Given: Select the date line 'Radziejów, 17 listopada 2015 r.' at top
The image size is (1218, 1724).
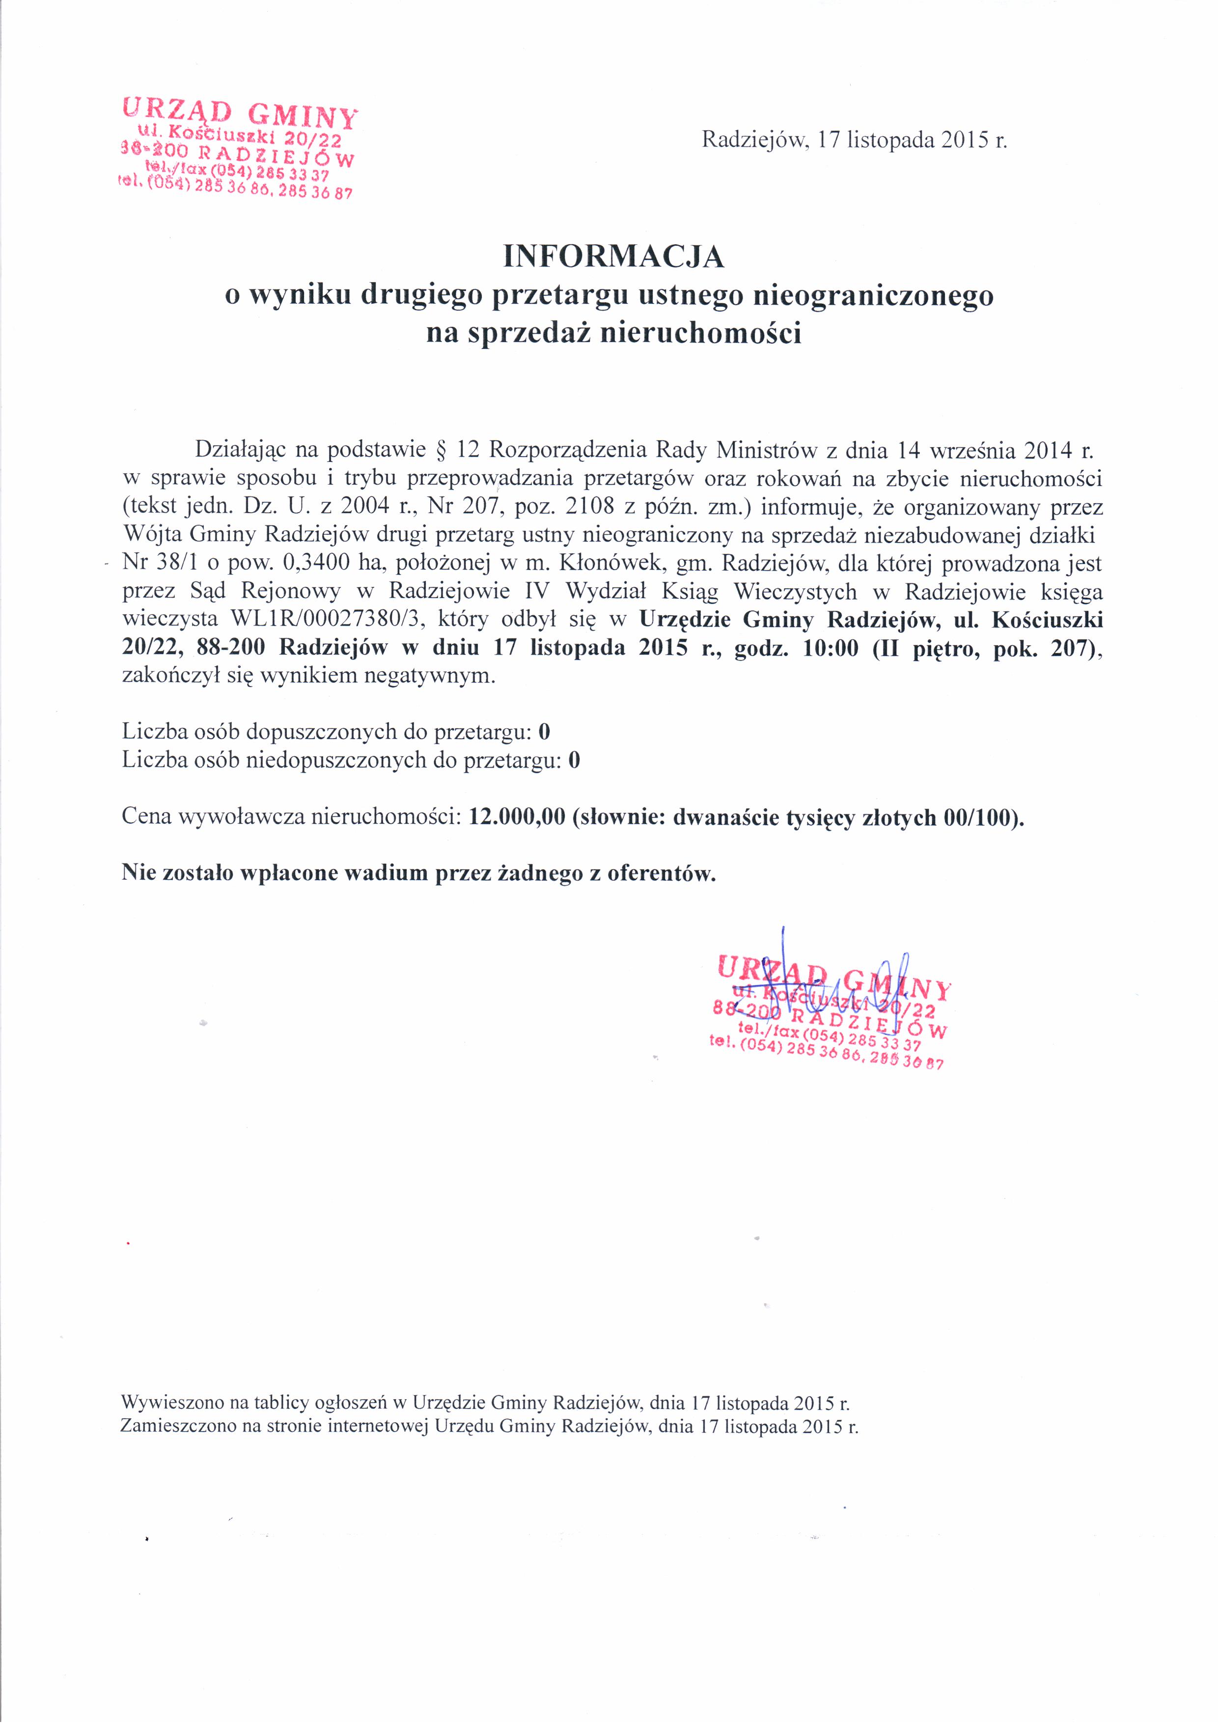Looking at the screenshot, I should [854, 141].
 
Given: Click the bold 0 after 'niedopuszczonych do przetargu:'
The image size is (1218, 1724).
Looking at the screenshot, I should [574, 761].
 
